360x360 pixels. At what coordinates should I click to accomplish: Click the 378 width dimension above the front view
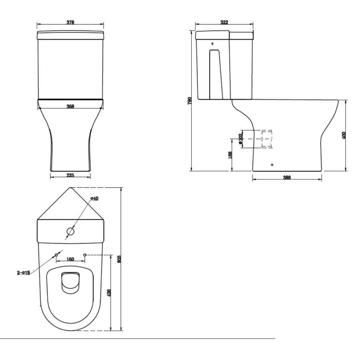click(x=70, y=22)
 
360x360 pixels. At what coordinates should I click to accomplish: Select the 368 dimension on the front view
click(x=70, y=106)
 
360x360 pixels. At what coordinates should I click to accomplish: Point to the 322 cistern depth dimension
click(x=224, y=22)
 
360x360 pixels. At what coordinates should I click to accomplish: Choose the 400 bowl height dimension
click(x=344, y=135)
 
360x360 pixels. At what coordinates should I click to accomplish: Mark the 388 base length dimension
click(x=287, y=178)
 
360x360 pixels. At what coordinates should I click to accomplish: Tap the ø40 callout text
click(x=94, y=199)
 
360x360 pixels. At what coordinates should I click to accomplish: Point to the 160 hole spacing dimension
click(x=70, y=259)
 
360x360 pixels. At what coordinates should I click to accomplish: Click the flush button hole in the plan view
click(x=70, y=231)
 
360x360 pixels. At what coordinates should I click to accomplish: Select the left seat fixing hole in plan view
click(x=56, y=254)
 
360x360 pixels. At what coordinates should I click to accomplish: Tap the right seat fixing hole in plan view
click(x=85, y=254)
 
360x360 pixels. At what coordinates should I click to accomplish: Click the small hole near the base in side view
click(x=272, y=164)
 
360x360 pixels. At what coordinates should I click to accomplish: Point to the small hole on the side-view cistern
click(x=212, y=44)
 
